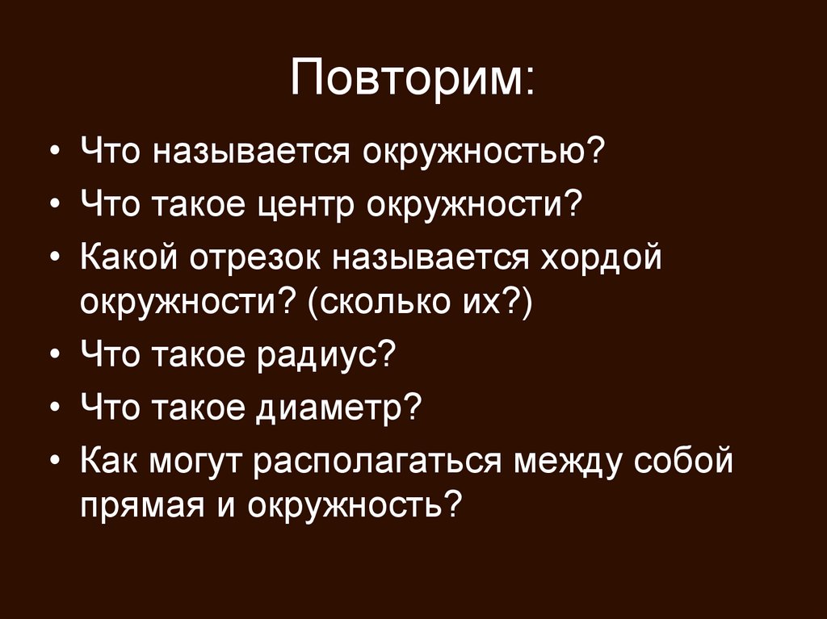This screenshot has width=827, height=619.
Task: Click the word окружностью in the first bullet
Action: point(481,151)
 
